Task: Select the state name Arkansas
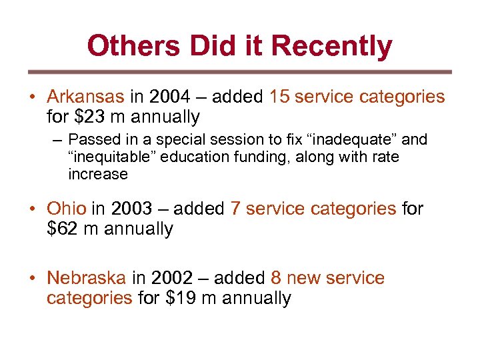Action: pos(85,97)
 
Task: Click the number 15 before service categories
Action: pos(279,97)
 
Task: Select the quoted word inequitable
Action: pos(107,157)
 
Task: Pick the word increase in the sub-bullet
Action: pos(97,175)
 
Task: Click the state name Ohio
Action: pos(67,209)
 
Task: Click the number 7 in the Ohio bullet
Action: pos(235,209)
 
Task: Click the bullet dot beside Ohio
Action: pos(32,209)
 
